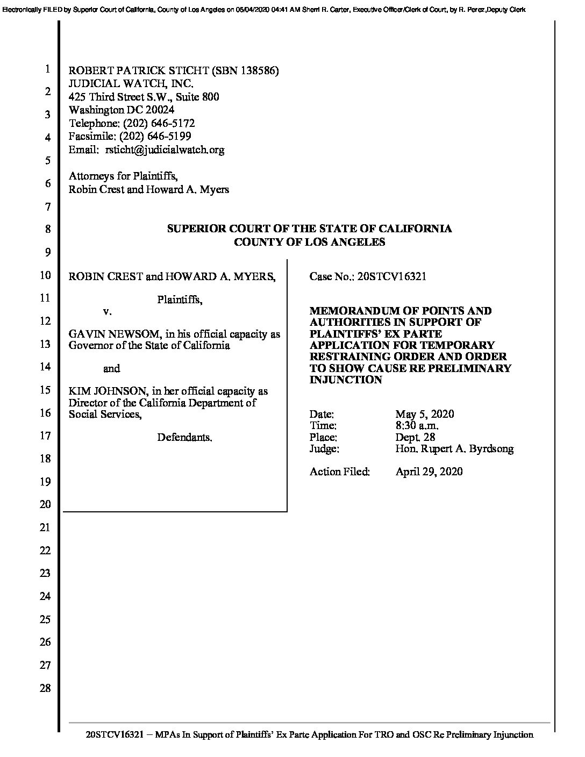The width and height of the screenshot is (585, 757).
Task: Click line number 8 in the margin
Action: tap(48, 229)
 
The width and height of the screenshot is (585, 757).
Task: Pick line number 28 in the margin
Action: tap(46, 688)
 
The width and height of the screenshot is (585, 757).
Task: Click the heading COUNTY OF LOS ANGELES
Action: tap(309, 242)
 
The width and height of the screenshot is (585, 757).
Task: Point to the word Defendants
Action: tap(184, 438)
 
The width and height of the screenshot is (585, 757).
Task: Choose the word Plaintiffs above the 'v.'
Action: tap(180, 299)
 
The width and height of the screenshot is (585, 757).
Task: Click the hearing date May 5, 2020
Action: tap(424, 414)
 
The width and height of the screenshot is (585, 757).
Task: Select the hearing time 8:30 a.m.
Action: tap(417, 426)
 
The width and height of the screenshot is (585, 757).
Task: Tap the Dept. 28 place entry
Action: tap(415, 437)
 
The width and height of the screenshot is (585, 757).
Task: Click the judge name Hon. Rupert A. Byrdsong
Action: tap(454, 449)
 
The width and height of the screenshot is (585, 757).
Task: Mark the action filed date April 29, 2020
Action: tap(429, 472)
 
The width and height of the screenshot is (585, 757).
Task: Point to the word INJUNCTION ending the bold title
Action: tap(345, 380)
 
